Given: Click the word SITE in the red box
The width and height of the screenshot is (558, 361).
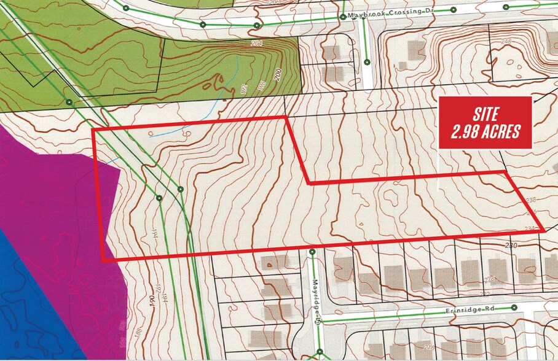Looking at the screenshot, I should (485, 114).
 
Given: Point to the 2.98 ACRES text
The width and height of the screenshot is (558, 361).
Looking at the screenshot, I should (485, 131).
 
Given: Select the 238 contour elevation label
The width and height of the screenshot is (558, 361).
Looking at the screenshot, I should (532, 200).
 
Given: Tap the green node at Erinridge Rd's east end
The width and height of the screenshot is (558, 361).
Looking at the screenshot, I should (513, 308).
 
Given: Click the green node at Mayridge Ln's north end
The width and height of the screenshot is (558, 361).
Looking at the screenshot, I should (312, 252).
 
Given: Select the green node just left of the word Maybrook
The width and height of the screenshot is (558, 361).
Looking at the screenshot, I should (344, 17).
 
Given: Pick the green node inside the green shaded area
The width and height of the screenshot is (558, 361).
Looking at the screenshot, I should (69, 101).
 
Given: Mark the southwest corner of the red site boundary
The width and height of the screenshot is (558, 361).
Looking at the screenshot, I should (103, 260).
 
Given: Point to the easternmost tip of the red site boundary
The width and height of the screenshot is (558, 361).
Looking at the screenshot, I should (544, 230).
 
